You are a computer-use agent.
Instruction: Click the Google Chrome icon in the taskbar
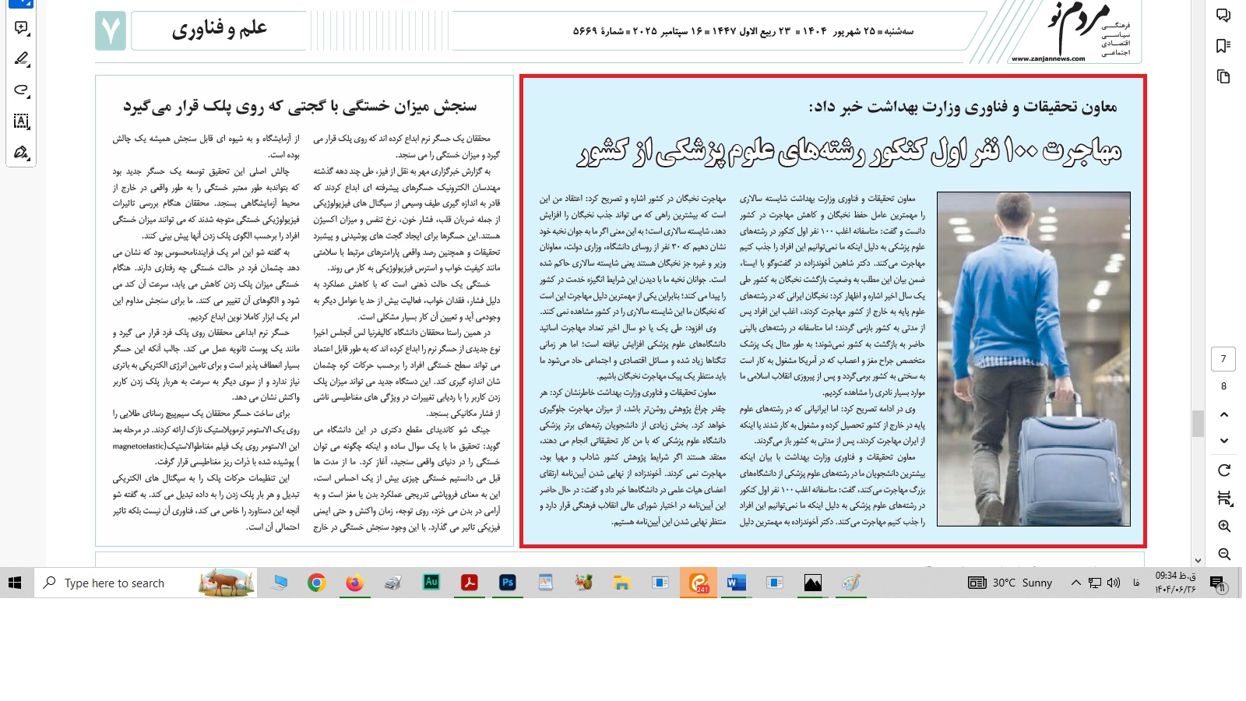click(x=316, y=583)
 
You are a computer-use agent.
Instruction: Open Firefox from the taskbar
click(x=354, y=583)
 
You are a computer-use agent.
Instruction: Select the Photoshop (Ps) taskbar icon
click(x=508, y=583)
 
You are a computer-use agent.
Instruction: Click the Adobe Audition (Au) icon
click(x=431, y=583)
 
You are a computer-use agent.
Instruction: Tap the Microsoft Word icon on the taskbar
click(x=736, y=583)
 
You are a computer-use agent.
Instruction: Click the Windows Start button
click(x=15, y=583)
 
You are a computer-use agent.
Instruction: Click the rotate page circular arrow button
click(x=1224, y=470)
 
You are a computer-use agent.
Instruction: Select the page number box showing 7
click(x=1223, y=359)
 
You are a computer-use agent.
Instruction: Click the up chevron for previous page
click(x=1224, y=414)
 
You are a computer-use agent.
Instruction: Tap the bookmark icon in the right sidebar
click(x=1223, y=46)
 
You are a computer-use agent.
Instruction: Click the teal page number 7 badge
click(x=111, y=31)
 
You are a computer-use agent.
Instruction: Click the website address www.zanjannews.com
click(x=1047, y=58)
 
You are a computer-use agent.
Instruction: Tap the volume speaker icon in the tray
click(x=1114, y=583)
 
